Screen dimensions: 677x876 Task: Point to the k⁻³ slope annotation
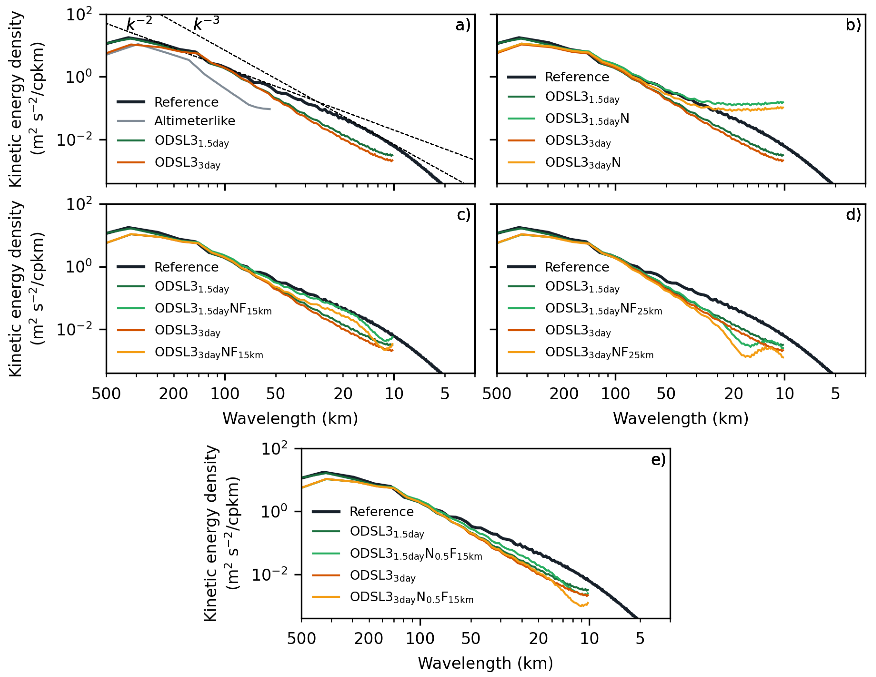pos(206,23)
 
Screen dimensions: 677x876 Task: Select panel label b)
pos(853,25)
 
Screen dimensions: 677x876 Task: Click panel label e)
pos(658,459)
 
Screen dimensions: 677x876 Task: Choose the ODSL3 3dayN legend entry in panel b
pos(582,163)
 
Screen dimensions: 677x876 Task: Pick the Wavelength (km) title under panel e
pos(485,663)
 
